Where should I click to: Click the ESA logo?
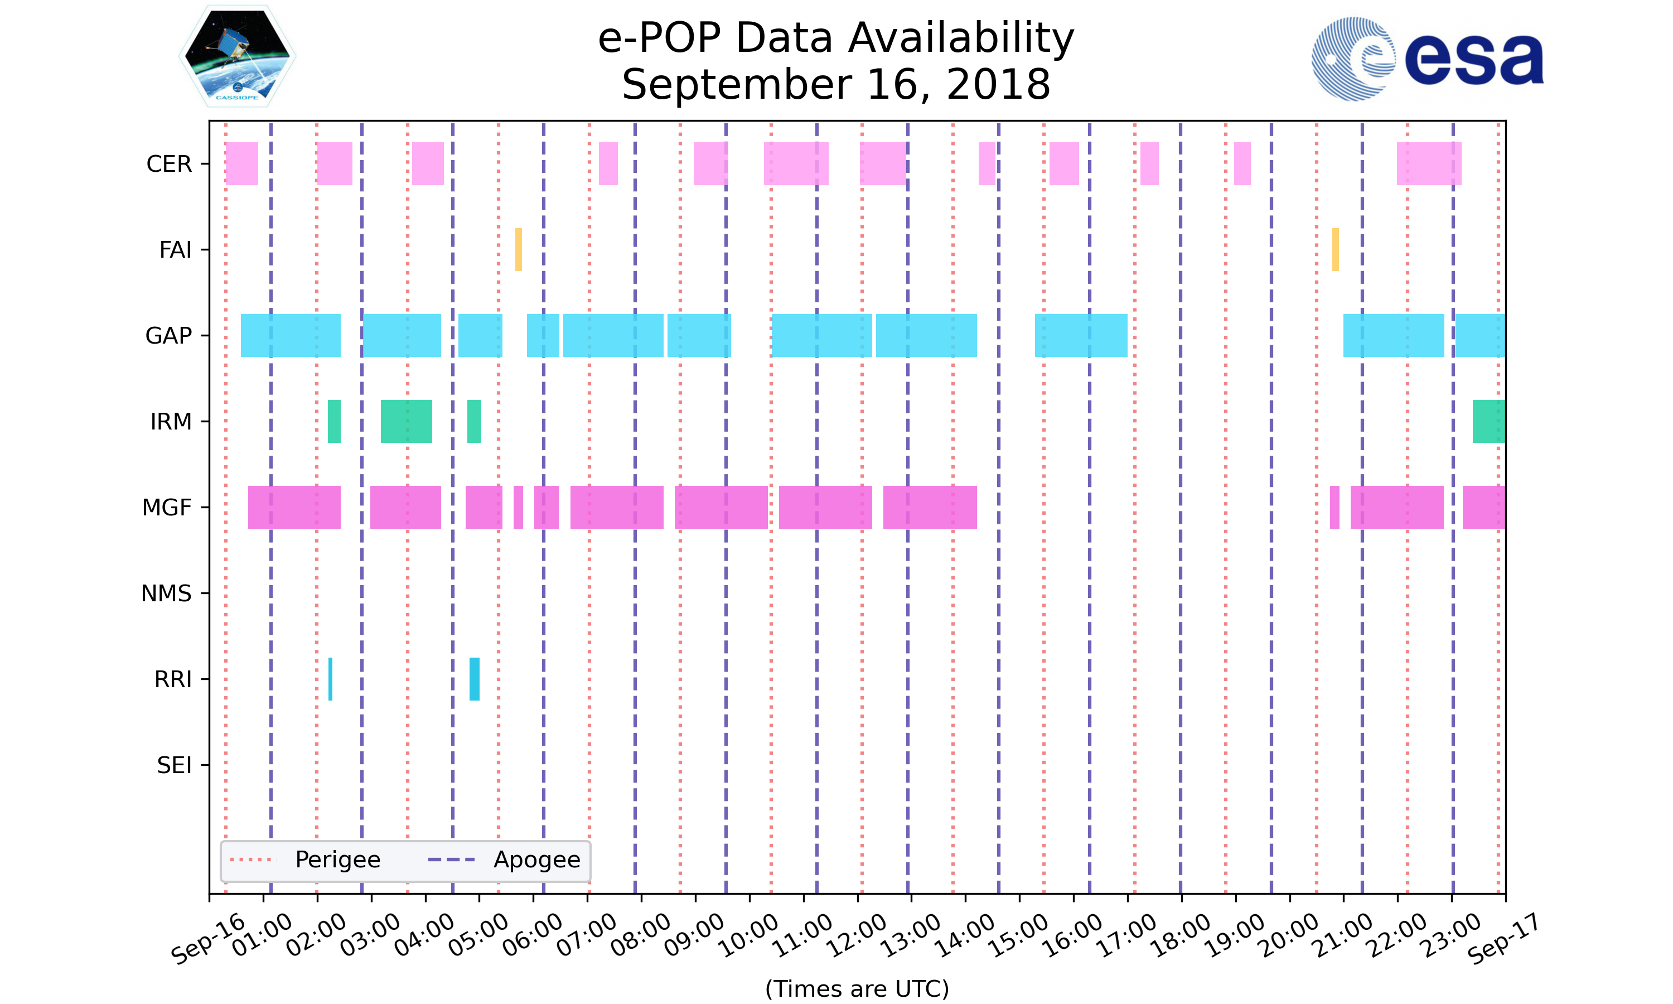[1427, 59]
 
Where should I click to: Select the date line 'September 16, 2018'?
[836, 85]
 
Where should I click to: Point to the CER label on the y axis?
[169, 164]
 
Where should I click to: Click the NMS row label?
[166, 593]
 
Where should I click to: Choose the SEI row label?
[174, 765]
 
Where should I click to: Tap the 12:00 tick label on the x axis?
[858, 935]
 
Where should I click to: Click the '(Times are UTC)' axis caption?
[857, 988]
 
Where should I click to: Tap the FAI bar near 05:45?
[519, 250]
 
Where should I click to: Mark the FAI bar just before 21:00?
[1336, 250]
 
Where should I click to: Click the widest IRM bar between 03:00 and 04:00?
[407, 422]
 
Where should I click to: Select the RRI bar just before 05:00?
[475, 679]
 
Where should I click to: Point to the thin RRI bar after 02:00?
[330, 679]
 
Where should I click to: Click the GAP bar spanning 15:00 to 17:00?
[1081, 336]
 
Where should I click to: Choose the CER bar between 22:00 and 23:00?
[1429, 164]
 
